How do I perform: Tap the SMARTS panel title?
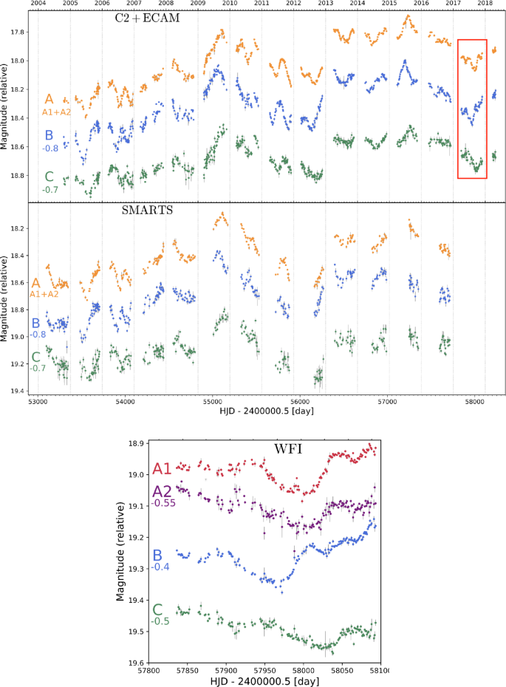147,210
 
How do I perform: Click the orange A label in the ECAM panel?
49,99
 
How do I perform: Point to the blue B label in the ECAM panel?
49,135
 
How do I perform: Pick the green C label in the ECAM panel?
49,177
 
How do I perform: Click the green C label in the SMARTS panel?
35,357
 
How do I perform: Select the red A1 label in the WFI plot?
163,468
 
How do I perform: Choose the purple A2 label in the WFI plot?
163,492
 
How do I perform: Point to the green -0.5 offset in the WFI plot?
160,621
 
